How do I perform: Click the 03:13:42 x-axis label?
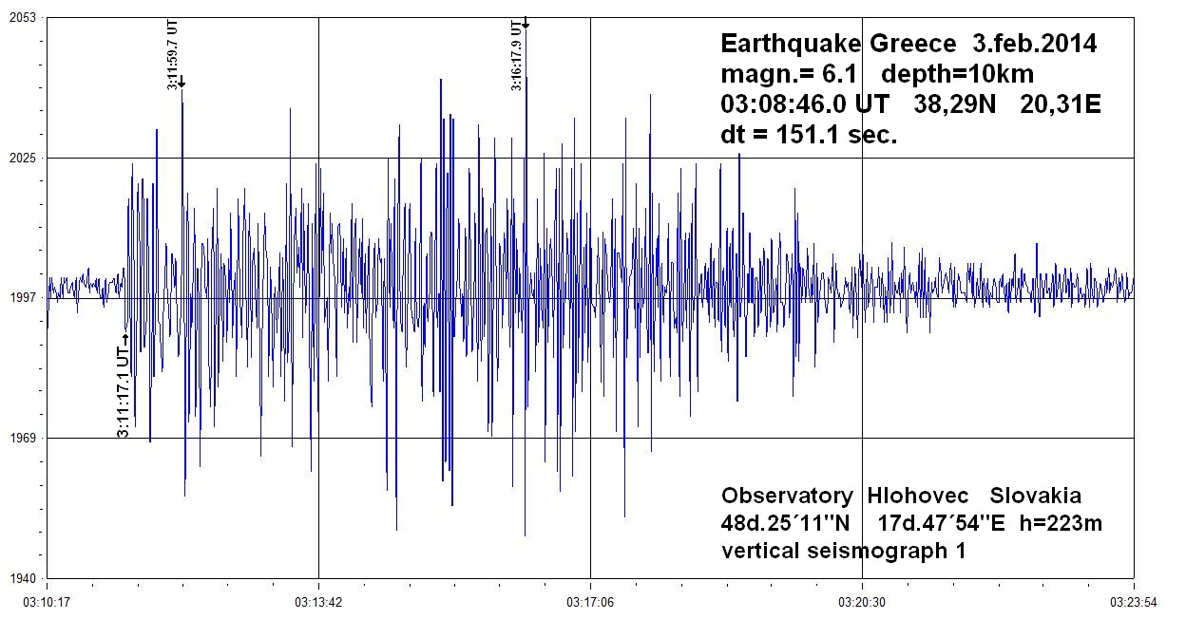pos(318,600)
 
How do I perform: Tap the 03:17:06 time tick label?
pos(590,600)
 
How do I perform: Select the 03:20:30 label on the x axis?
pos(862,600)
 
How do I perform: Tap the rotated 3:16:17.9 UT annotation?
pos(516,56)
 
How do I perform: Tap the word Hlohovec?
pos(920,496)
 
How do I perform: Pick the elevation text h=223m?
pos(1060,522)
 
